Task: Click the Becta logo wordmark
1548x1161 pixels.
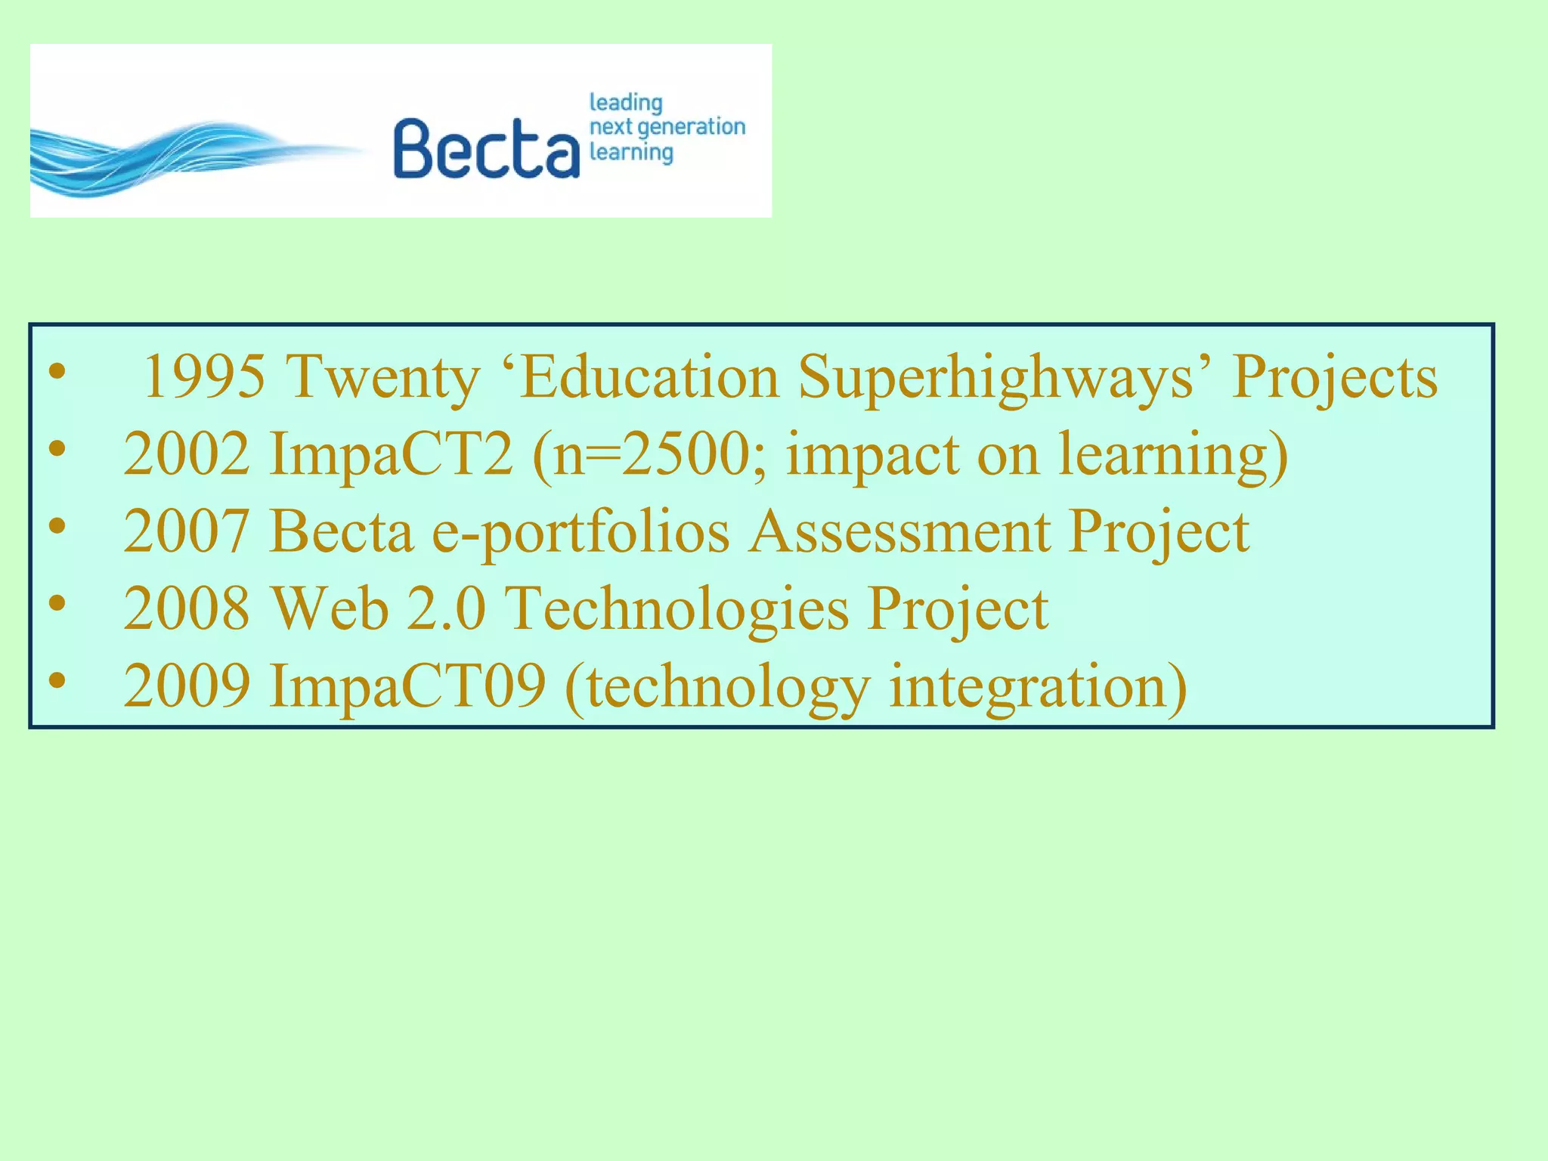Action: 486,149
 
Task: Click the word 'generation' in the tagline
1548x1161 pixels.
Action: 691,127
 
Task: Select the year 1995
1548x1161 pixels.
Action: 205,376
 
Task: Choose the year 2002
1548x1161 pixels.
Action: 186,454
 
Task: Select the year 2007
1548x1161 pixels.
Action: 186,531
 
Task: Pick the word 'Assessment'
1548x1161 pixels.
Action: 899,531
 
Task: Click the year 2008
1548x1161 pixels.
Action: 186,608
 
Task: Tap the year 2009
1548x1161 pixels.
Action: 186,686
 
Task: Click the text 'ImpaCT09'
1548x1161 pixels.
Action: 407,686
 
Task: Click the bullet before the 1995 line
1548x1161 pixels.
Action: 57,372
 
